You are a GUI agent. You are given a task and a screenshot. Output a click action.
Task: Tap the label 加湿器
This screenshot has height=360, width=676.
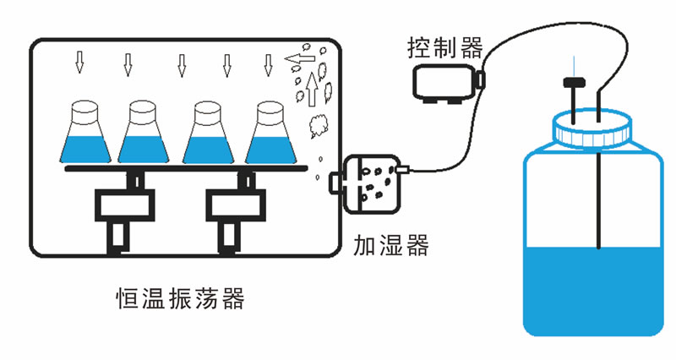(x=390, y=247)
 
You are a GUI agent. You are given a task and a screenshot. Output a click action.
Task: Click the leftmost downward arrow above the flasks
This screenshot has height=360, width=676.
(x=80, y=62)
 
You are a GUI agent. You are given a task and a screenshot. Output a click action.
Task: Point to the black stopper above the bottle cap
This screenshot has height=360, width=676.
(x=573, y=83)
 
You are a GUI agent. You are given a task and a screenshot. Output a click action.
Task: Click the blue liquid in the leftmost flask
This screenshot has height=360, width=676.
(x=84, y=147)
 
